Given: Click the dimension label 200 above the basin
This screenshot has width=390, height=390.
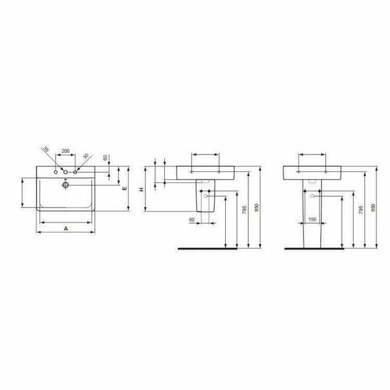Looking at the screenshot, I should pyautogui.click(x=65, y=151).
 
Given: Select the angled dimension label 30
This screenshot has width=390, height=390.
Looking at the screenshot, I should pyautogui.click(x=85, y=156).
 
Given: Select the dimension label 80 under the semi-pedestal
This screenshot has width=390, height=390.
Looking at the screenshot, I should pyautogui.click(x=192, y=220).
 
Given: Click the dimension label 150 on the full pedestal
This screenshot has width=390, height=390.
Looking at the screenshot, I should pyautogui.click(x=312, y=220).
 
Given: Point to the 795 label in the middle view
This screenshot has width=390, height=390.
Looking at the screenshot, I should pyautogui.click(x=243, y=213).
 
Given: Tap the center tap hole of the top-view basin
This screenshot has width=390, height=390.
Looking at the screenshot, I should pyautogui.click(x=65, y=173).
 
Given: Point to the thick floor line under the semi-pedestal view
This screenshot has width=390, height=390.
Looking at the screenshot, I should pyautogui.click(x=213, y=248).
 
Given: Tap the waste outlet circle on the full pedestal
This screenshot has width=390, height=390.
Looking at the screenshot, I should pyautogui.click(x=312, y=195).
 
